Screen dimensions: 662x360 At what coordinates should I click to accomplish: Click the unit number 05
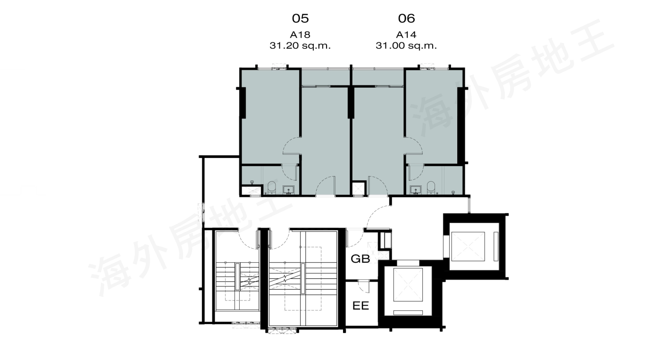point(300,18)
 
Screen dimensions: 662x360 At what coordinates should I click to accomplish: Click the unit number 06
point(406,18)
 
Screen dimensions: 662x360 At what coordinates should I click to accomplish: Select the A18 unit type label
point(300,34)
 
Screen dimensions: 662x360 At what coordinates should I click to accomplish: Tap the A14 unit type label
point(406,34)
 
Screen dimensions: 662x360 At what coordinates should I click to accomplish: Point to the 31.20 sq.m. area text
point(300,45)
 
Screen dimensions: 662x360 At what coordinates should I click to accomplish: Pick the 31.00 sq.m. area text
point(406,45)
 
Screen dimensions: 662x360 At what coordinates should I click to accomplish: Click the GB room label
point(360,259)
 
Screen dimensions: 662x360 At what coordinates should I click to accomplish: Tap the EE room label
point(360,306)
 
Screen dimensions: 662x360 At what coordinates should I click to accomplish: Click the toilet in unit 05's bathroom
point(272,188)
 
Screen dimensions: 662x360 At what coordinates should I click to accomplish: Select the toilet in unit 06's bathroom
point(431,188)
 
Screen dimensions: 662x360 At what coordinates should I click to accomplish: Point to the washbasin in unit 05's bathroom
point(288,190)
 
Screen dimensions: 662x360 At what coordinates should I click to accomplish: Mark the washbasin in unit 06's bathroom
point(416,190)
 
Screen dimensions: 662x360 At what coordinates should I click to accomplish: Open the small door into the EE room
point(364,286)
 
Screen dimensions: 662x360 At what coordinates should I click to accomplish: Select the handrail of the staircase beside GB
point(302,278)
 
